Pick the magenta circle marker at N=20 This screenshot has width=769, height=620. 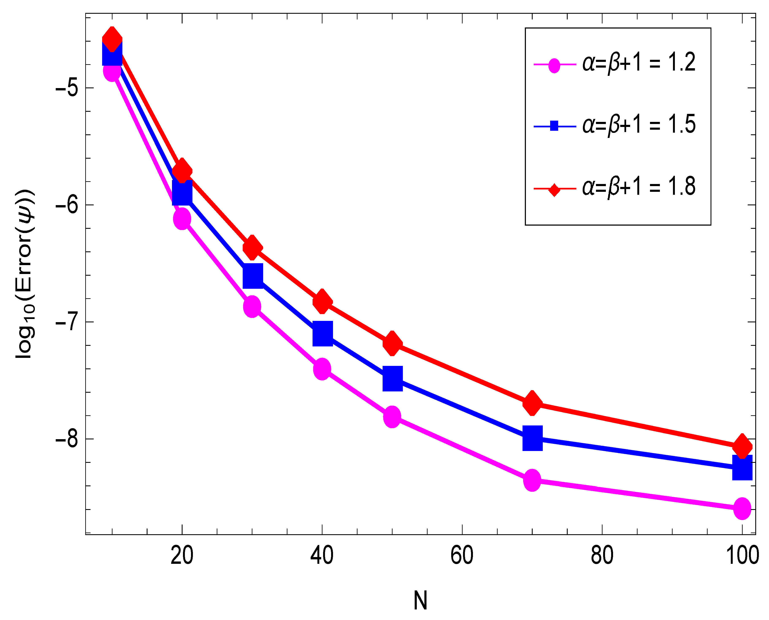(182, 219)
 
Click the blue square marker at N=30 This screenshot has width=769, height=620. (253, 276)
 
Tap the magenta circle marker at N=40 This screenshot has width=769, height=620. (322, 369)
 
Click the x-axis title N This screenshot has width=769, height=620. (420, 601)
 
